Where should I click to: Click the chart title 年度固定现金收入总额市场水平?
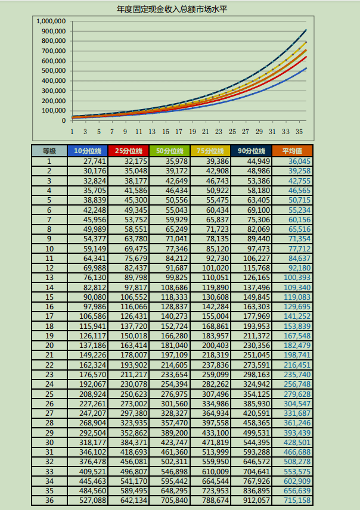coord(172,9)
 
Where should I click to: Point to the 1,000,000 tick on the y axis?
coord(51,21)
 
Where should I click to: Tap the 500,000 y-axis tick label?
coord(54,70)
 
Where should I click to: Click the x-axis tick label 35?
coord(299,132)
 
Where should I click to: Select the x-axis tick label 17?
coord(179,132)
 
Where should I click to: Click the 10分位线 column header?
coord(88,151)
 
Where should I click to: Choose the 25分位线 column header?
coord(129,151)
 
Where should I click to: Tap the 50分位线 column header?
coord(170,151)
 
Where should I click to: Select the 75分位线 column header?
coord(210,151)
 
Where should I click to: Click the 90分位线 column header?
coord(252,151)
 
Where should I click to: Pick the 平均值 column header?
coord(292,151)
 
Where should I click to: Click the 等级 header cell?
coord(49,151)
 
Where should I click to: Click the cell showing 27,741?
coord(95,161)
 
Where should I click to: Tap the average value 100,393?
coord(297,278)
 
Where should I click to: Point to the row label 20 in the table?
coord(49,346)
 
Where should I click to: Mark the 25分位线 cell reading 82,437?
coord(136,268)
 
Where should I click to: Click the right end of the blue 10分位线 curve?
coord(306,69)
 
